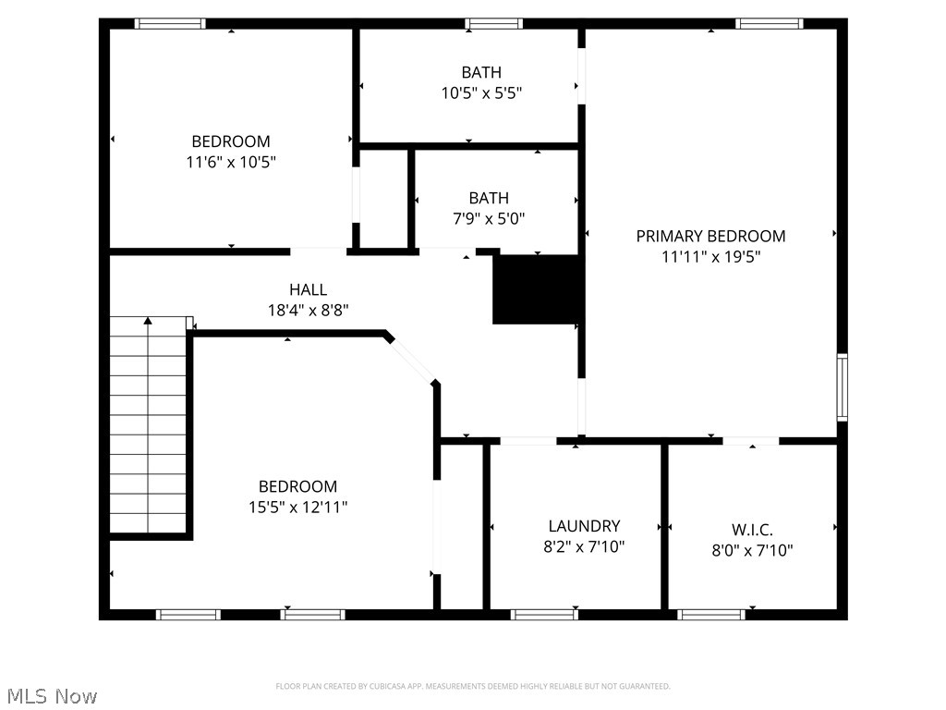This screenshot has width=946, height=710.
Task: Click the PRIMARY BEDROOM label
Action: [710, 236]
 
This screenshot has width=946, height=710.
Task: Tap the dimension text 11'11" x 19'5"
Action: [710, 257]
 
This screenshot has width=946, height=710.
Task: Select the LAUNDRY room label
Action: [584, 526]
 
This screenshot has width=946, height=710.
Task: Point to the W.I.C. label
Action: [752, 530]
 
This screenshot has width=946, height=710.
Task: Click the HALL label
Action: [308, 289]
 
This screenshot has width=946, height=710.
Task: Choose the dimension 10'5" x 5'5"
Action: [482, 92]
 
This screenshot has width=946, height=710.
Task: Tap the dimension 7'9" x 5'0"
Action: [488, 219]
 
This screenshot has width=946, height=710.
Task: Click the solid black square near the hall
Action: [536, 289]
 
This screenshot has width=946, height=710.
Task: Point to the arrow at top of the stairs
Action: [147, 322]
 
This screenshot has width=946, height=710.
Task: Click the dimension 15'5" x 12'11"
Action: [297, 507]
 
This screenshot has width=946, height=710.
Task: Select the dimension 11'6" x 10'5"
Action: [231, 162]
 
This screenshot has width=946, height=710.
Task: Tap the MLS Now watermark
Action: [51, 695]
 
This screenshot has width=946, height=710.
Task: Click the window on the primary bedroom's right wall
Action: [842, 387]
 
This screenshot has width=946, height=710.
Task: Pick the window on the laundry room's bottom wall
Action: [544, 614]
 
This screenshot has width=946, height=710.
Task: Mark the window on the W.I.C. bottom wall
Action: [711, 614]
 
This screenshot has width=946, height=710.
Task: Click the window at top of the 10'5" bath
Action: [493, 24]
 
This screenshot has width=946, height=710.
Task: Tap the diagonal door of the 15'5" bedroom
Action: [411, 359]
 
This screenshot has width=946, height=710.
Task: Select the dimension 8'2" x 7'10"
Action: [584, 546]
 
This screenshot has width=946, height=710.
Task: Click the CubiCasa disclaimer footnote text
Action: [473, 686]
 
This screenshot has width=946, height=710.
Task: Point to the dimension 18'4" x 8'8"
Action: [308, 311]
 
